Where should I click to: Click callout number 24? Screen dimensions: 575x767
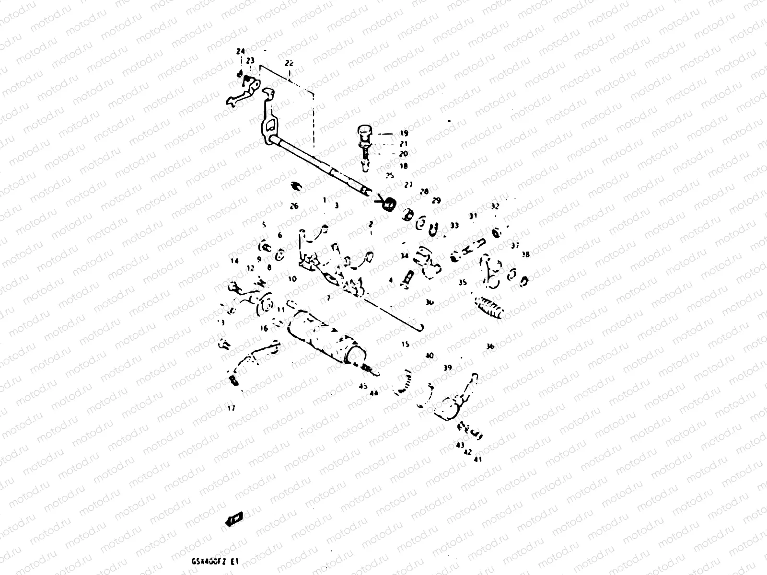(x=240, y=51)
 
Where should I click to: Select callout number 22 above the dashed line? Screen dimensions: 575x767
(x=289, y=63)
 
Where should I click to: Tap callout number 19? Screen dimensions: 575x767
(x=404, y=133)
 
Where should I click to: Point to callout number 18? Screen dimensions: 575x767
(x=404, y=166)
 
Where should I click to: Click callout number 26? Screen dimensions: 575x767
(x=294, y=206)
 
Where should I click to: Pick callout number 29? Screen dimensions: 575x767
(x=436, y=200)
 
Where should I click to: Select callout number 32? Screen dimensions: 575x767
(x=495, y=206)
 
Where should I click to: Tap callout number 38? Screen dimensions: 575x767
(x=526, y=254)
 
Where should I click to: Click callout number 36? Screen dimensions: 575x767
(x=490, y=346)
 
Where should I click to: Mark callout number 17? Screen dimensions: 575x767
(x=232, y=408)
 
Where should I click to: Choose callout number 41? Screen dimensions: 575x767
(x=477, y=459)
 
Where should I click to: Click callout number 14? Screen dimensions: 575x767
(x=234, y=261)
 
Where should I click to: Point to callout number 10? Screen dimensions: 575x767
(x=292, y=278)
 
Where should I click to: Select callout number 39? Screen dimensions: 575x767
(x=448, y=368)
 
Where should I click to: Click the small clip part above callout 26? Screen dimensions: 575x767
(x=295, y=186)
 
